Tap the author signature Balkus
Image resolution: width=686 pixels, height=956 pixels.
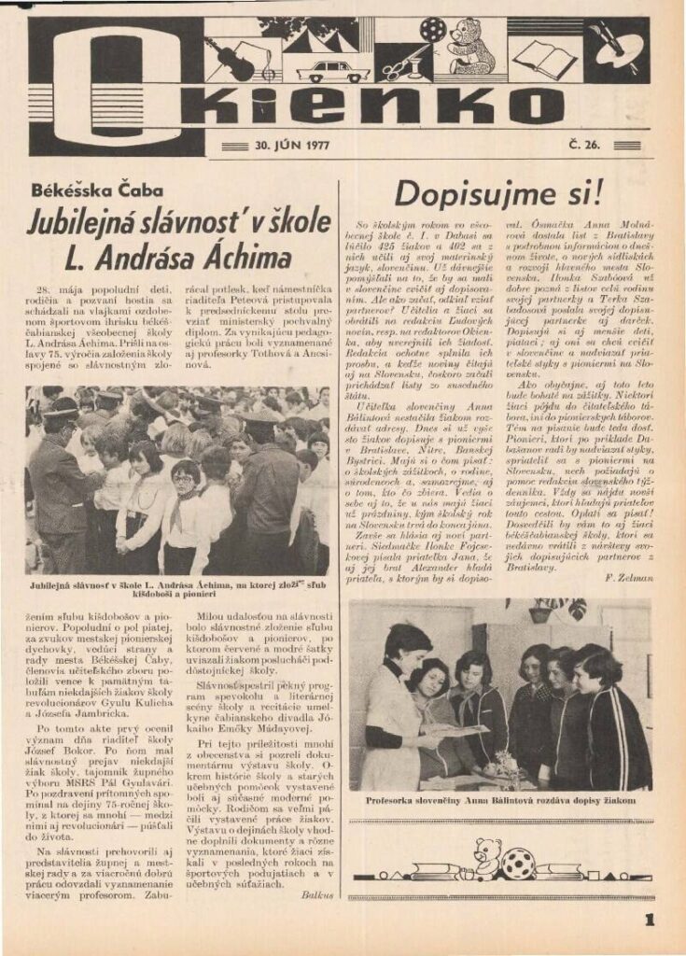(317, 893)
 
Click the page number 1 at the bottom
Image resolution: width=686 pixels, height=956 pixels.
(649, 920)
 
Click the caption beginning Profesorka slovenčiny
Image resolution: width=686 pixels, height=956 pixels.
(502, 801)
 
